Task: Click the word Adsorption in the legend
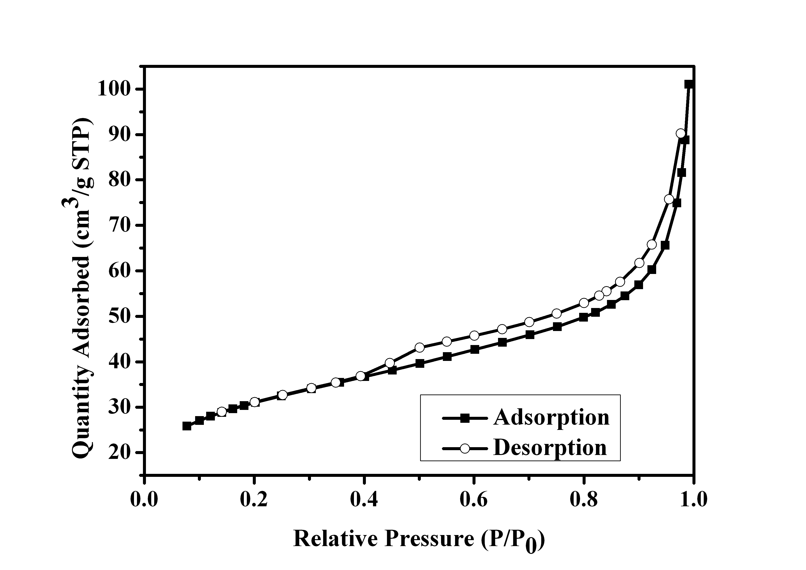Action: click(551, 417)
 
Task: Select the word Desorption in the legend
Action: click(550, 448)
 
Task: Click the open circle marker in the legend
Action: click(465, 448)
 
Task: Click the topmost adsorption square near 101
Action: click(688, 84)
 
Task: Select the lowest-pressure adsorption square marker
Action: click(187, 426)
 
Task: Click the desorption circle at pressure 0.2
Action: click(254, 402)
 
